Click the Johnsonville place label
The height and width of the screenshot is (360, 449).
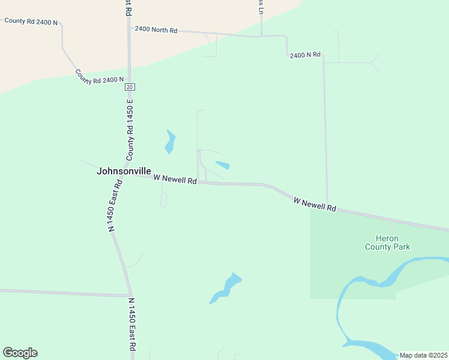tap(124, 171)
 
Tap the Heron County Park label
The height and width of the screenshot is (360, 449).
tap(388, 242)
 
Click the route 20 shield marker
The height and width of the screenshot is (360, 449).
tap(130, 87)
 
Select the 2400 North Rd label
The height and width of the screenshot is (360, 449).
tap(156, 29)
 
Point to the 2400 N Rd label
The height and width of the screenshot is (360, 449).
tap(305, 55)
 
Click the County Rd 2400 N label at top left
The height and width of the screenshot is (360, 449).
tap(31, 21)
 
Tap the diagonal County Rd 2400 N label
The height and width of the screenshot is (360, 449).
tap(100, 76)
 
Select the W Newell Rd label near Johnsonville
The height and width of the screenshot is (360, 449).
tap(175, 179)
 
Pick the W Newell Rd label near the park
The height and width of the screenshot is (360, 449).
tap(315, 204)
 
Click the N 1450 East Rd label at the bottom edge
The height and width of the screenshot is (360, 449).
tap(132, 327)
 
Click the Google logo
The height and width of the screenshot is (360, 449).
tap(20, 353)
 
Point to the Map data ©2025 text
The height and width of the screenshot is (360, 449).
tap(423, 355)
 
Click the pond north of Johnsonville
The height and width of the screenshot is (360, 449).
tap(170, 142)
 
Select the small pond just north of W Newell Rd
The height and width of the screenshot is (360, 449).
tap(223, 165)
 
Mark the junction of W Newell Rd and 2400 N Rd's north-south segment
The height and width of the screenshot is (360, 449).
tap(327, 203)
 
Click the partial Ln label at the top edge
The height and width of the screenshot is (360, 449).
tap(261, 6)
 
